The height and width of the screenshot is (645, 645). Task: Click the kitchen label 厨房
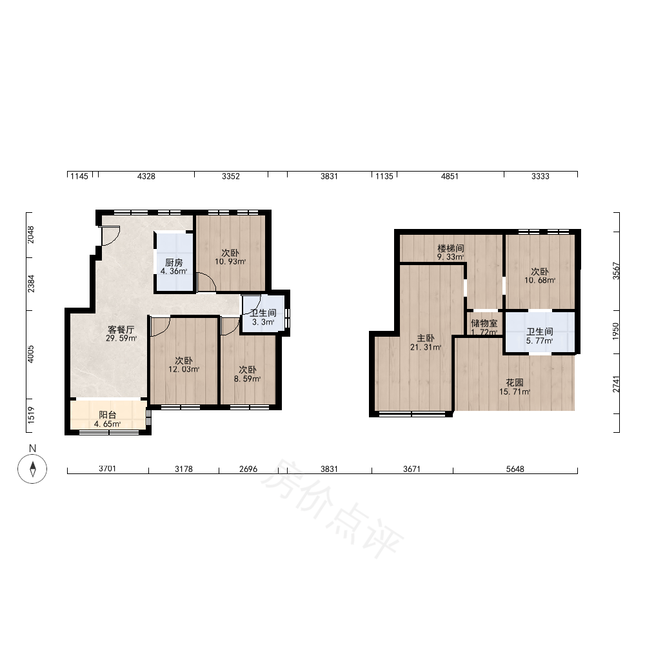[x=174, y=263]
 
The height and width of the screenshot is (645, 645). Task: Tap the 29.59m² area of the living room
[x=121, y=339]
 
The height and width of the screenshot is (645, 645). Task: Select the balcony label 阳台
[x=107, y=415]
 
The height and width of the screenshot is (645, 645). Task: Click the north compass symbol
[x=32, y=468]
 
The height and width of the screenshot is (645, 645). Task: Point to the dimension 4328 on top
[x=146, y=176]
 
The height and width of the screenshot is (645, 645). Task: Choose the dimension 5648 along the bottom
[x=515, y=469]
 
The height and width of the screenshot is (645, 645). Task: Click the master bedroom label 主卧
[x=425, y=338]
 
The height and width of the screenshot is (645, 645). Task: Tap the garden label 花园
[x=514, y=382]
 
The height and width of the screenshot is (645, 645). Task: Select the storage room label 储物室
[x=484, y=323]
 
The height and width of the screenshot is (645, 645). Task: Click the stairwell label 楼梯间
[x=451, y=248]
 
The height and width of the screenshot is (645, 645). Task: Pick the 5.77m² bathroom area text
[x=539, y=341]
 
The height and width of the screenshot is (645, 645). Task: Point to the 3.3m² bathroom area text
[x=263, y=322]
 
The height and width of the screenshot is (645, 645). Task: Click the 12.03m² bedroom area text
[x=184, y=370]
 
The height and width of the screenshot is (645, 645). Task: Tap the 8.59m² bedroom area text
[x=248, y=379]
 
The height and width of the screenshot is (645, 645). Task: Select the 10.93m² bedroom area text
[x=230, y=262]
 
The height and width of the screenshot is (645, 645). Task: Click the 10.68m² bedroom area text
[x=540, y=281]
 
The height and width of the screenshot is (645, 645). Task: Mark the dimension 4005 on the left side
[x=31, y=354]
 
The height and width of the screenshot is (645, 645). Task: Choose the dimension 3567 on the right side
[x=616, y=271]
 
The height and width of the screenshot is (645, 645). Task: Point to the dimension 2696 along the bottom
[x=248, y=469]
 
